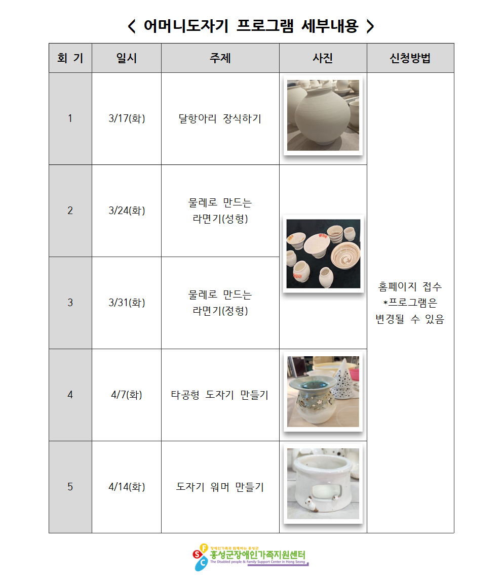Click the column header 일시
127,58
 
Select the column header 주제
220,58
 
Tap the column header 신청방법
410,58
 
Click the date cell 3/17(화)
127,118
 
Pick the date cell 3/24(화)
127,211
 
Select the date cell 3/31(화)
127,303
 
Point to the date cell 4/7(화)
127,395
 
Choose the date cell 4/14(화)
127,487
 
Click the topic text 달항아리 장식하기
220,118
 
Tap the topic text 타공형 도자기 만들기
220,395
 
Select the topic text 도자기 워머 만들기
220,487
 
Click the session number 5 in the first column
70,487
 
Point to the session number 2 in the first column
70,211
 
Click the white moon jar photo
323,115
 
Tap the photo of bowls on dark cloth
323,254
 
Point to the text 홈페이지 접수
410,287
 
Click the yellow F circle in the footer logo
204,548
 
